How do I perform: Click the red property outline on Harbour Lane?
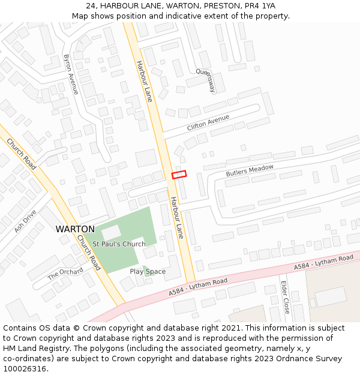pyautogui.click(x=179, y=175)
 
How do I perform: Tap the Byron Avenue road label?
pyautogui.click(x=71, y=74)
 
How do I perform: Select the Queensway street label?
pyautogui.click(x=205, y=80)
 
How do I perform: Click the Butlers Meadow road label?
pyautogui.click(x=250, y=170)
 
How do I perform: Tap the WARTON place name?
pyautogui.click(x=75, y=229)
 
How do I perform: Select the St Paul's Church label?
pyautogui.click(x=119, y=244)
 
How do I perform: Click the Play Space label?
pyautogui.click(x=148, y=272)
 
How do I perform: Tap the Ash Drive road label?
pyautogui.click(x=25, y=221)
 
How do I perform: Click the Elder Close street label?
pyautogui.click(x=286, y=298)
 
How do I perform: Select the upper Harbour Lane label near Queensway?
pyautogui.click(x=144, y=80)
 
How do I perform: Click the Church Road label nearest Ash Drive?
pyautogui.click(x=22, y=154)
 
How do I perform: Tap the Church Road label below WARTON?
pyautogui.click(x=88, y=252)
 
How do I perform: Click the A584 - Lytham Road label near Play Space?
pyautogui.click(x=198, y=286)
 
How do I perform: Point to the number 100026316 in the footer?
pyautogui.click(x=25, y=369)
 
